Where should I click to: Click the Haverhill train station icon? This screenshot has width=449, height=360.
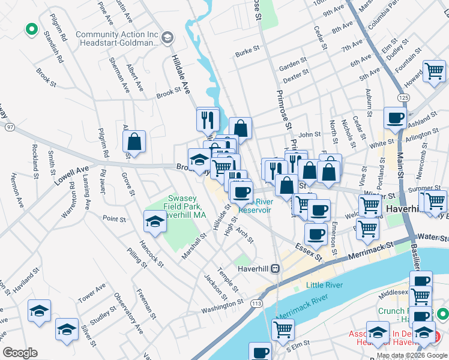276,268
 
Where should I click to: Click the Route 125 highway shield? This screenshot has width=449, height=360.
403,97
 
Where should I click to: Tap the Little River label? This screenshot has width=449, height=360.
324,285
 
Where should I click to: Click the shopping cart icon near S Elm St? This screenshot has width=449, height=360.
282,328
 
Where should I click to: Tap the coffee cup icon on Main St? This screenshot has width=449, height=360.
395,118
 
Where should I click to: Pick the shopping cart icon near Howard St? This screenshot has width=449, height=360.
433,71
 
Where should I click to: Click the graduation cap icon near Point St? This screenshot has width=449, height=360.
154,221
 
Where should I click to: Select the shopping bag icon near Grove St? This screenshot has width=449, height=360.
134,142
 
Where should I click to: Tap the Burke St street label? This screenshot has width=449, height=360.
247,53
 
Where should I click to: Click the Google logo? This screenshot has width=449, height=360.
20,353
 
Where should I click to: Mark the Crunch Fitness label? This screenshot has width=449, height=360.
396,311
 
